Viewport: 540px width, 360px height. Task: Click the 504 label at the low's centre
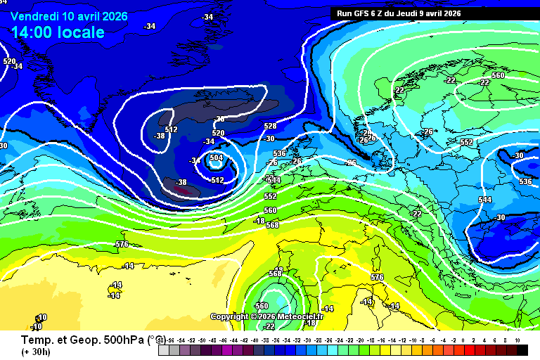point(217,158)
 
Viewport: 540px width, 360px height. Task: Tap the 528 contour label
point(270,126)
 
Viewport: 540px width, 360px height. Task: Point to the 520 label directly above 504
point(218,133)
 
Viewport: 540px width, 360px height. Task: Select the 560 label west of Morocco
point(262,306)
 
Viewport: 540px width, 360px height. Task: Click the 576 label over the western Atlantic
point(122,244)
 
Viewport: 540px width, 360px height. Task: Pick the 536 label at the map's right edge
point(525,181)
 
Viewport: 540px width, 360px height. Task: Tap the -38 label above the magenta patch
point(181,182)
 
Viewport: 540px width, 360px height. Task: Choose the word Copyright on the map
point(231,316)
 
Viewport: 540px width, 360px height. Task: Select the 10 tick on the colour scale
point(517,340)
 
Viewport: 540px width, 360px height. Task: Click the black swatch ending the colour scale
point(522,349)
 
